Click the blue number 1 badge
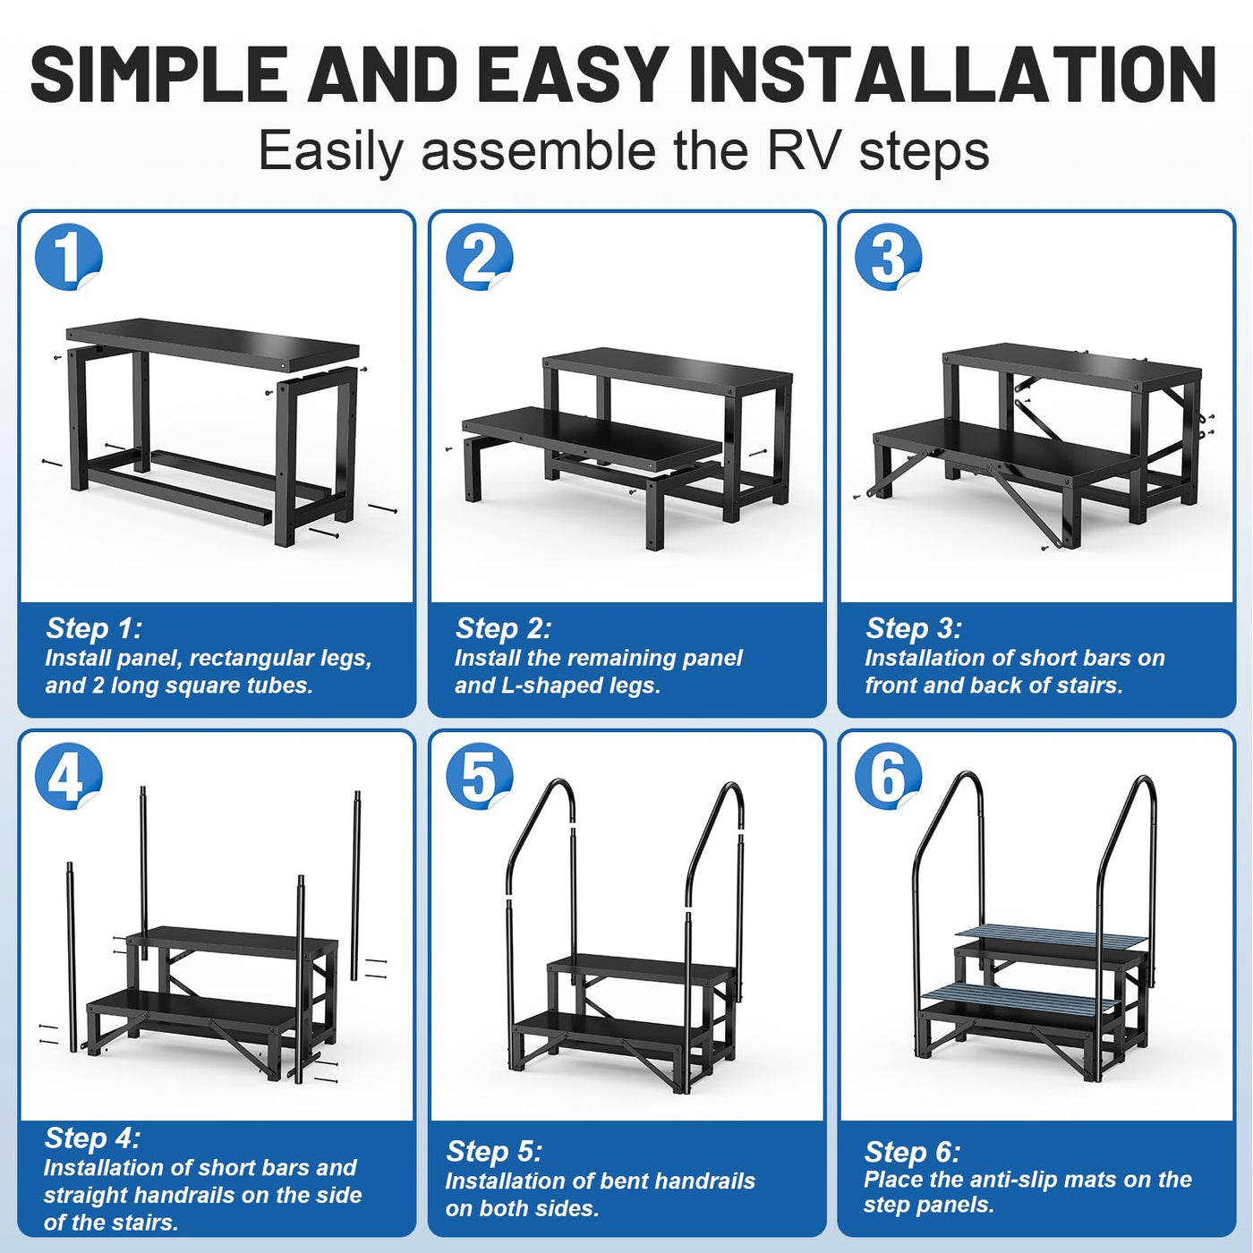point(68,257)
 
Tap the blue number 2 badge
point(479,257)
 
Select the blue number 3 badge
point(888,257)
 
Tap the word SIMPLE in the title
point(159,74)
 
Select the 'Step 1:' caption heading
point(94,628)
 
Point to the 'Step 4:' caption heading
point(91,1138)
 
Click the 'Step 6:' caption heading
point(912,1152)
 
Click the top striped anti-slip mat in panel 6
point(1053,939)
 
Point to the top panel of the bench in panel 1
point(213,342)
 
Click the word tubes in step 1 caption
point(282,686)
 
